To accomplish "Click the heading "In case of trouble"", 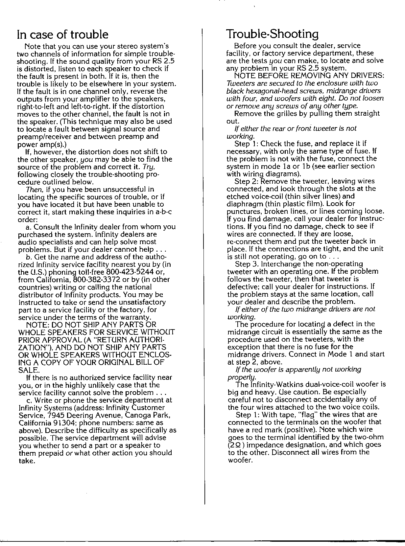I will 63,34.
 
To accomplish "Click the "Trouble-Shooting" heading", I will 273,34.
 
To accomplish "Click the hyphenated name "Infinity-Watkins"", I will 262,385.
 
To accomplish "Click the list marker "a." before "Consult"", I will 28,227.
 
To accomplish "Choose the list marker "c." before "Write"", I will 28,400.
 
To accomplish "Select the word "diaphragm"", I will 243,204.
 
